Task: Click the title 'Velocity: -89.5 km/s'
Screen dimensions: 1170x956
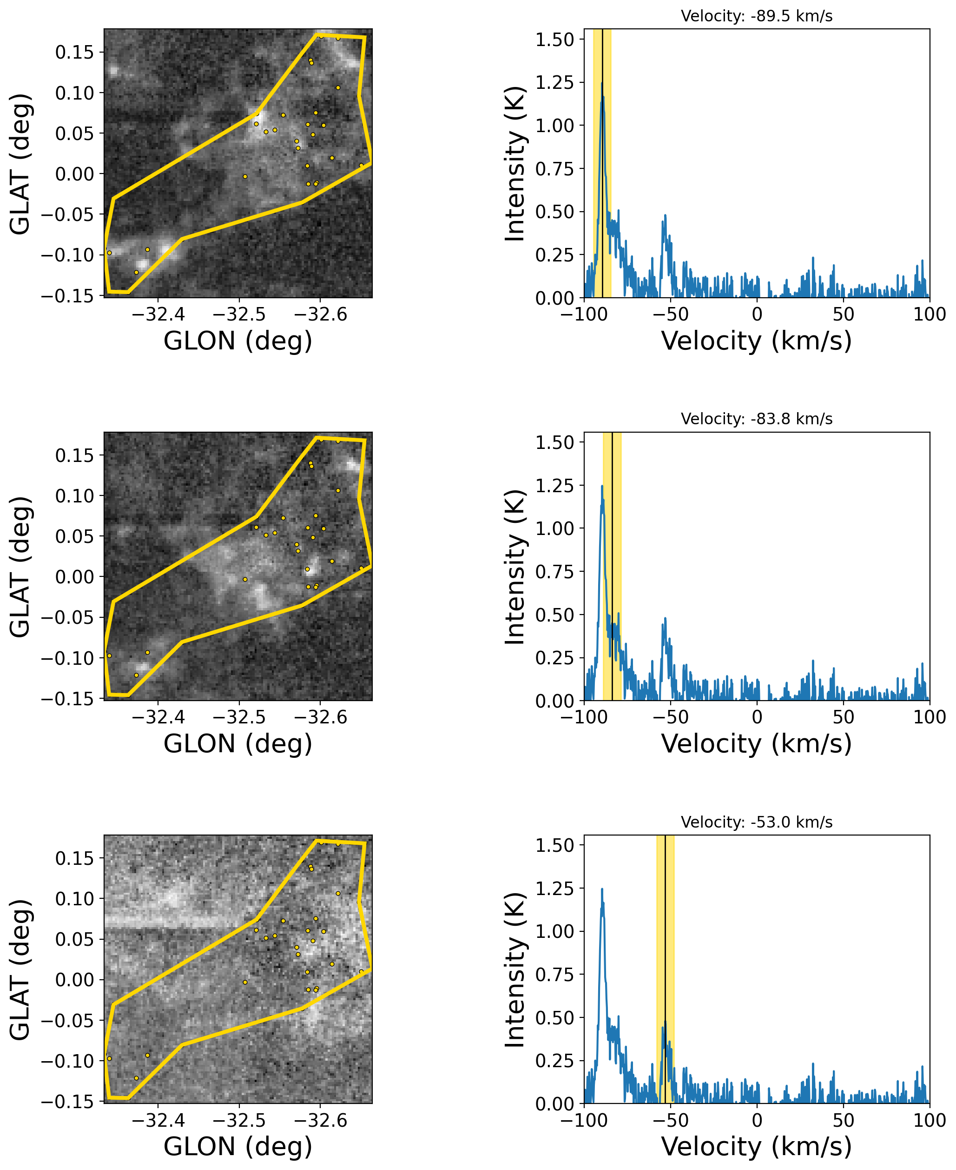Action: pos(756,16)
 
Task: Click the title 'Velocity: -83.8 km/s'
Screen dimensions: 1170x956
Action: pos(756,419)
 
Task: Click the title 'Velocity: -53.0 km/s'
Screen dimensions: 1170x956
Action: pos(756,822)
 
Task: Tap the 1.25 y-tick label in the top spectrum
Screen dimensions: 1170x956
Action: pos(554,83)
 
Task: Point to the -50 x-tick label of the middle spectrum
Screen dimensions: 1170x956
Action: pos(670,717)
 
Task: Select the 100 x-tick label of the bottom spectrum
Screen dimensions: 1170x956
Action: pos(929,1120)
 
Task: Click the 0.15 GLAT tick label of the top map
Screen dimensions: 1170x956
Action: pos(75,53)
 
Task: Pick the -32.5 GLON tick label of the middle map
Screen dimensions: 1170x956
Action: pos(239,717)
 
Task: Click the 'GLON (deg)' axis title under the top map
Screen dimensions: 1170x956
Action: pos(238,341)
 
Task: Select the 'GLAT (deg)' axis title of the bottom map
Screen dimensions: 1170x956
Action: pos(20,970)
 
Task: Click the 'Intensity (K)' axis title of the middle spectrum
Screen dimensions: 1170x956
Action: pos(515,567)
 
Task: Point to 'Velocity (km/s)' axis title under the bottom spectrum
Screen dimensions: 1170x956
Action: pos(756,1147)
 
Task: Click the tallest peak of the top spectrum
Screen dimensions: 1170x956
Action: pos(602,84)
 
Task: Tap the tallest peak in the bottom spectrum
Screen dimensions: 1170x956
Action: pos(602,889)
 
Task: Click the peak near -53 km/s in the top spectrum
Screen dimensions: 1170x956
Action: pos(665,215)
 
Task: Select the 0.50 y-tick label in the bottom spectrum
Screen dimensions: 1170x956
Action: pos(554,1018)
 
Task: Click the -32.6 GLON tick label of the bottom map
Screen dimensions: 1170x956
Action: pos(321,1120)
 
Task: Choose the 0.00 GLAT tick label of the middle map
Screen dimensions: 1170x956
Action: pos(75,577)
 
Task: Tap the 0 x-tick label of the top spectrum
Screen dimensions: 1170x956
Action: pos(757,314)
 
